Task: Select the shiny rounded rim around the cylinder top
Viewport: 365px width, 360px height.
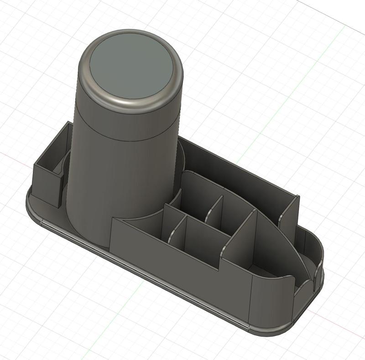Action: coord(132,106)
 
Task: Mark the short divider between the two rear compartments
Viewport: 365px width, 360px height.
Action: coord(213,210)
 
